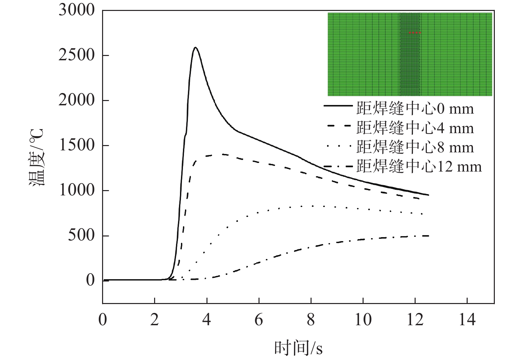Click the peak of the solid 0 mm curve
click(x=196, y=47)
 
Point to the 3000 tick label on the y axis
click(x=77, y=10)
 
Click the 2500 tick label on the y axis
click(x=77, y=55)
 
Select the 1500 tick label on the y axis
click(x=77, y=145)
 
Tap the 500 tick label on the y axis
click(x=81, y=235)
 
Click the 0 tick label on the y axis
click(x=90, y=281)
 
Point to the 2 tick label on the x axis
click(x=154, y=320)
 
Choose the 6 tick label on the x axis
click(x=259, y=320)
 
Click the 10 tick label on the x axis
click(x=363, y=320)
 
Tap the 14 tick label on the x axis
click(x=467, y=320)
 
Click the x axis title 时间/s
click(x=298, y=348)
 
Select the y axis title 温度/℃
click(x=36, y=158)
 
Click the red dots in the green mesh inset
click(x=415, y=33)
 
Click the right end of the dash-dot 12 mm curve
click(x=428, y=236)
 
